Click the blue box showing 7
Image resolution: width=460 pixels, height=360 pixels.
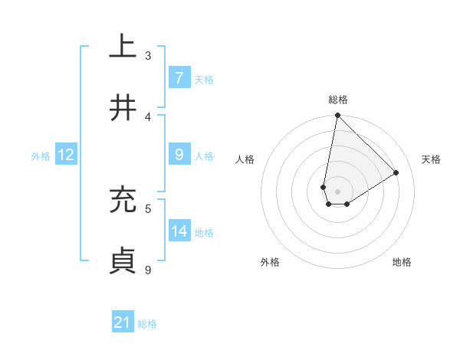[179, 78]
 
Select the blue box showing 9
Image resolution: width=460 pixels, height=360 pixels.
[179, 155]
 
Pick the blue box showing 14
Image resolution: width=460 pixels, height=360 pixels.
[179, 231]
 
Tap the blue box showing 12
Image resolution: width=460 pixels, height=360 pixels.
[66, 155]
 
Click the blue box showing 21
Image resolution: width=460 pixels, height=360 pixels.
[123, 323]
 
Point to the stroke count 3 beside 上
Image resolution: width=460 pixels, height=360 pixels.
[148, 56]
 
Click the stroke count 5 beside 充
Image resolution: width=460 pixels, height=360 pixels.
[148, 208]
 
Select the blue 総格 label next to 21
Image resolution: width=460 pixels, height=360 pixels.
[147, 324]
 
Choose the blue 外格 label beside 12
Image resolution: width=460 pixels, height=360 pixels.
[41, 155]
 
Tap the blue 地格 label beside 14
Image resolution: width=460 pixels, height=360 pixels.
[204, 232]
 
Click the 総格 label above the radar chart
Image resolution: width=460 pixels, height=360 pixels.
[338, 100]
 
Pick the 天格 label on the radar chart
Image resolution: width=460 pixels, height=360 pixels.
[431, 159]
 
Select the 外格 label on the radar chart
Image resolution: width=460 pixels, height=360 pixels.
[270, 262]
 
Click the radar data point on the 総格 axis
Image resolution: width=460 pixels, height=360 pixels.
[337, 115]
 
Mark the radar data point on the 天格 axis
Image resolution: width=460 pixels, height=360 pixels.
[396, 172]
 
